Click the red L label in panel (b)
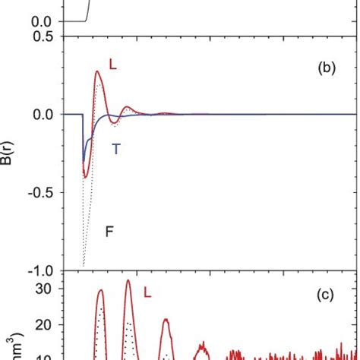[x=112, y=66]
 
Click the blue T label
[x=116, y=149]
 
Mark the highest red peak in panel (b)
[x=98, y=71]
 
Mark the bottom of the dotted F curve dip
[x=83, y=266]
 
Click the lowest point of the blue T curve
[x=84, y=161]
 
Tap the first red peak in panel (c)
[x=100, y=289]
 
